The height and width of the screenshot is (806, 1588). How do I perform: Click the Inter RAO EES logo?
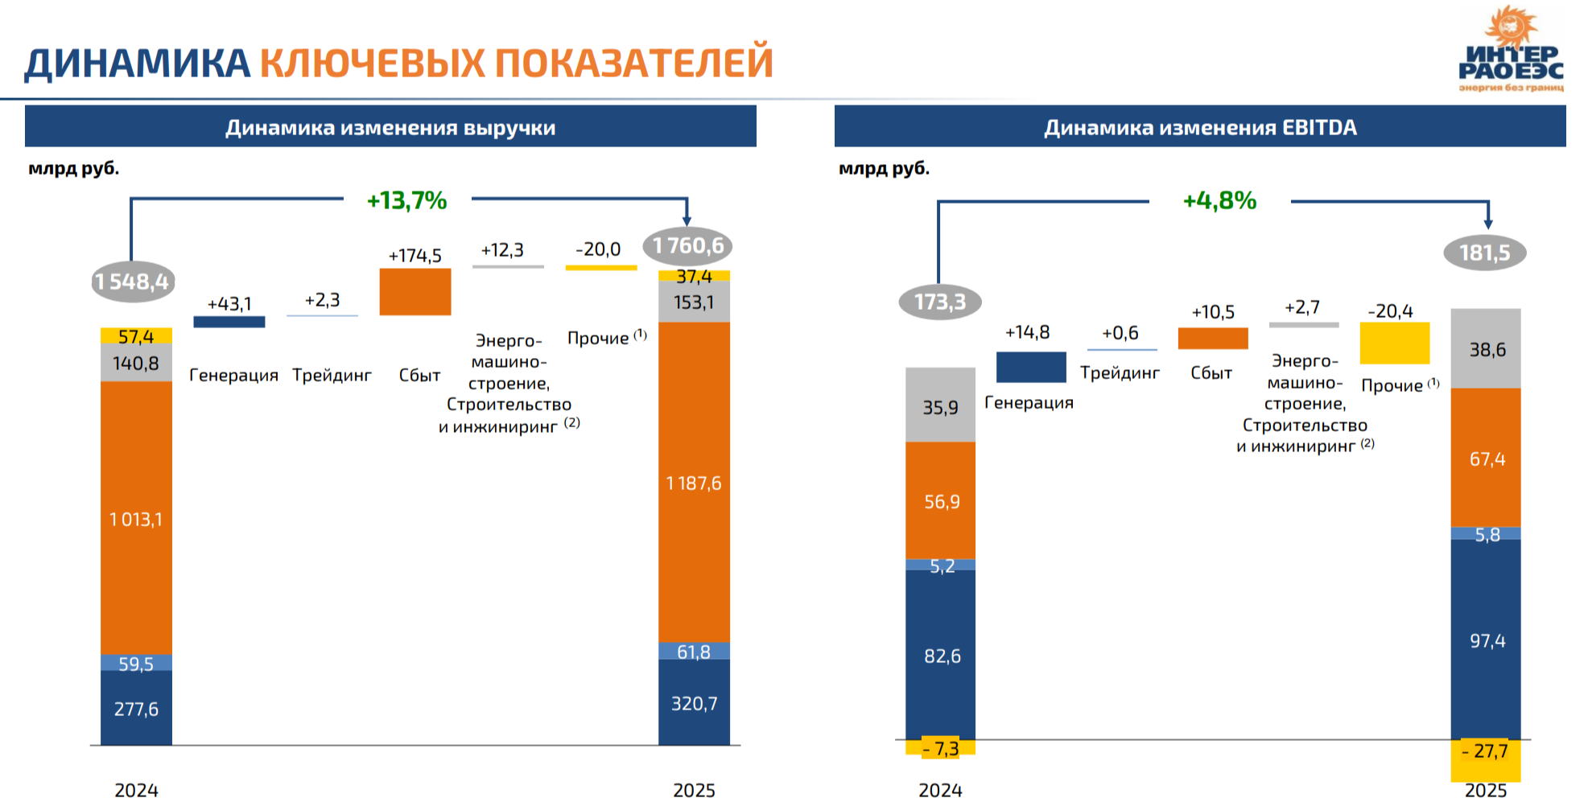click(x=1511, y=49)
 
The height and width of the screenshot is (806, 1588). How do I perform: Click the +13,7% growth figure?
click(x=406, y=200)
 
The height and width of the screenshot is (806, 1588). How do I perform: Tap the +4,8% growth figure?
click(x=1219, y=200)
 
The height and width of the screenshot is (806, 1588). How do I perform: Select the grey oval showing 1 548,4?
click(x=133, y=282)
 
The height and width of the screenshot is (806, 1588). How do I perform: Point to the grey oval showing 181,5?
click(x=1485, y=253)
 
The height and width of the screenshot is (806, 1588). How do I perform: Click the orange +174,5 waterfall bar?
click(x=415, y=291)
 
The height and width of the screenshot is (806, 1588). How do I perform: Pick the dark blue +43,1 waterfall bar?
click(x=229, y=322)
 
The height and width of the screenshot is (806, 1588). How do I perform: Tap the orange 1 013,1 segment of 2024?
click(x=136, y=518)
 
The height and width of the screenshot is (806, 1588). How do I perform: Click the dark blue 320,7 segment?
click(x=694, y=702)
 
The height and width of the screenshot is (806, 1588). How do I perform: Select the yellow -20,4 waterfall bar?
click(x=1395, y=343)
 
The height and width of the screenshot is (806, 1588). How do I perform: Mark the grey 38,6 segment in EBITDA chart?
click(x=1486, y=348)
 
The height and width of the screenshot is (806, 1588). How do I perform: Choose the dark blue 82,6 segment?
click(x=940, y=655)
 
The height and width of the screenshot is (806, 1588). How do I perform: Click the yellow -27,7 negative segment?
click(x=1486, y=760)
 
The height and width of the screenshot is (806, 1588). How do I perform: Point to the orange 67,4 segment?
click(x=1486, y=458)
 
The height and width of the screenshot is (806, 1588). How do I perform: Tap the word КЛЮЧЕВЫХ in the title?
click(x=373, y=63)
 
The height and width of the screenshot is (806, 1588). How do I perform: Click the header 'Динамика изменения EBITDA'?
click(x=1200, y=127)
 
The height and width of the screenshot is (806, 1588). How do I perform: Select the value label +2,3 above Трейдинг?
click(x=322, y=300)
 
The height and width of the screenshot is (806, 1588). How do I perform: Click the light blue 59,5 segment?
click(x=136, y=663)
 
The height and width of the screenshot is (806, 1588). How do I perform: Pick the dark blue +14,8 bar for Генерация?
click(x=1031, y=367)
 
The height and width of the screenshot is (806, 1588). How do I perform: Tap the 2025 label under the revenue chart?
click(x=694, y=790)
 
